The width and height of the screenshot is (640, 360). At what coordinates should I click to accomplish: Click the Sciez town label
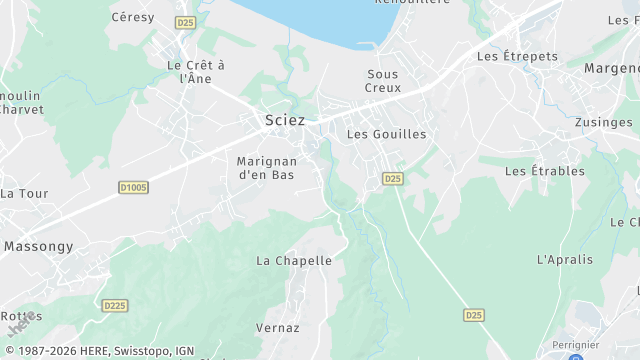(285, 120)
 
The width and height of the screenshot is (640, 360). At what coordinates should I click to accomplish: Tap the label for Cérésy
(133, 17)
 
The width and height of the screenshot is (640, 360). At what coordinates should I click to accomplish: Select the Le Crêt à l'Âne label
(196, 71)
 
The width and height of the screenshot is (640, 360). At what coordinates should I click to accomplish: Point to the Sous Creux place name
(383, 81)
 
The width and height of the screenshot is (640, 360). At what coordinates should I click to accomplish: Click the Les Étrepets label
(518, 56)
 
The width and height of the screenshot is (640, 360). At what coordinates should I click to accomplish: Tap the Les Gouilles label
(386, 134)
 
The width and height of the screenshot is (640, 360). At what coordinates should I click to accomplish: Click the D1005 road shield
(133, 187)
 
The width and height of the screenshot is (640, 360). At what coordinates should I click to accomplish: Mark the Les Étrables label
(545, 171)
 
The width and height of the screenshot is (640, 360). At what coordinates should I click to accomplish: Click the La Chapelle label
(294, 260)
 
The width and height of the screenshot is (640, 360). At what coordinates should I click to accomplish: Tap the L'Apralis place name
(565, 259)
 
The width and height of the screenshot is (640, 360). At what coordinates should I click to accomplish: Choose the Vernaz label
(277, 327)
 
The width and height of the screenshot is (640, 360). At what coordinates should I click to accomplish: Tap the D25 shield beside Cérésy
(184, 22)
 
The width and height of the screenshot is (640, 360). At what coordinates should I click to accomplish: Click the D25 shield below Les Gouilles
(392, 179)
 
